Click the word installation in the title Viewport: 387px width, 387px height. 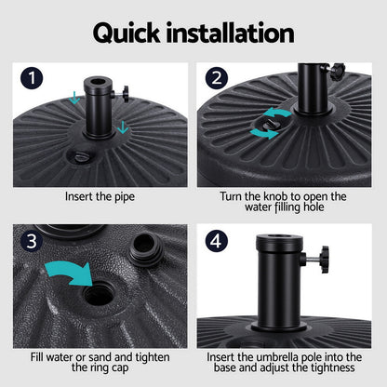point(234,34)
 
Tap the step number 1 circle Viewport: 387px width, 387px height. point(34,78)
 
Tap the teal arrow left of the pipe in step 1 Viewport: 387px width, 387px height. point(75,96)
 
